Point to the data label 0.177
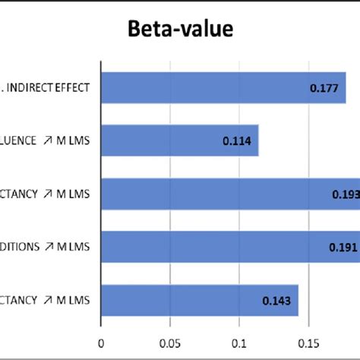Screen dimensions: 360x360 324,89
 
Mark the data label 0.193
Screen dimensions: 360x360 345,194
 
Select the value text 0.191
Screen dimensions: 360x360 343,248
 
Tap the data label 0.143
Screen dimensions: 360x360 276,301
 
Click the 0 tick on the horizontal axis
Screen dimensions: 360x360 101,343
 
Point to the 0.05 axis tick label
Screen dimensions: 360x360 170,343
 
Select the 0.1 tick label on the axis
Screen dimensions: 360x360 239,343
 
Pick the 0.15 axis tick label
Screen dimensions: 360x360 308,343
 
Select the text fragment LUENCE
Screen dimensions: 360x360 17,141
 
